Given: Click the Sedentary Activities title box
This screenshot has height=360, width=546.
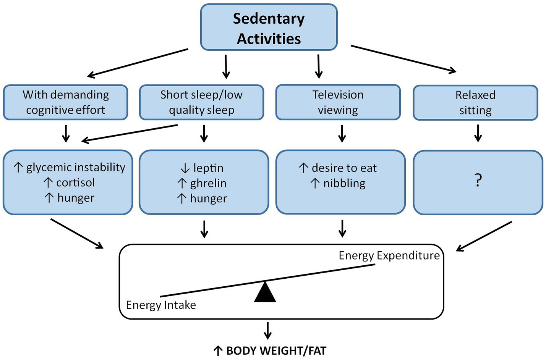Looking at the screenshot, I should click(269, 28).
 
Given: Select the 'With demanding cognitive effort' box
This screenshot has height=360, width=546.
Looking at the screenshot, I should click(65, 102).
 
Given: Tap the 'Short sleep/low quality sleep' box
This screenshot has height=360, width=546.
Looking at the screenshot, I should click(201, 102).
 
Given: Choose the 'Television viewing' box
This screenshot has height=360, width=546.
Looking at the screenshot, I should click(338, 102).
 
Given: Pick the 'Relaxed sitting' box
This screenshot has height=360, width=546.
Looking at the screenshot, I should click(475, 103).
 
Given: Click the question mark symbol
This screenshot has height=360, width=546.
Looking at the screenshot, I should click(478, 180).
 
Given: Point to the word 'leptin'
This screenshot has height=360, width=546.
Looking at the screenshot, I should click(208, 168).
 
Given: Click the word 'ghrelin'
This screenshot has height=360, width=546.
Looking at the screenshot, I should click(208, 183).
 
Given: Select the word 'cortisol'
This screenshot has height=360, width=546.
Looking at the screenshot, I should click(76, 182).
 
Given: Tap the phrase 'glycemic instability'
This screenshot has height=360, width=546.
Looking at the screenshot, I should click(76, 167).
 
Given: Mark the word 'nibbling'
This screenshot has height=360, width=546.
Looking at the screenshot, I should click(344, 183).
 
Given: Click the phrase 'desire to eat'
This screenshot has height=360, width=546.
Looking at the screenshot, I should click(344, 168).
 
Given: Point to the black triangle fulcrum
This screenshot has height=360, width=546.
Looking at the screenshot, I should click(265, 292).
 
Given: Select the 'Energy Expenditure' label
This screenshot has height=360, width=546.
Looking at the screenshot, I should click(389, 255).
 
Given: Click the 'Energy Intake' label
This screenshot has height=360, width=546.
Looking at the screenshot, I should click(161, 305).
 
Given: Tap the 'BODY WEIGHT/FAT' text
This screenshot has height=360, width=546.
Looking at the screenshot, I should click(276, 351).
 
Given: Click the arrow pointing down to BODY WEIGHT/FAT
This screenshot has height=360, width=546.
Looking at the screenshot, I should click(268, 330).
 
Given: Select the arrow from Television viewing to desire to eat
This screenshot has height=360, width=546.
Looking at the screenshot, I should click(342, 133).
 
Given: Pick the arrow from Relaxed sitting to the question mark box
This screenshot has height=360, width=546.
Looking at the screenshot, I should click(478, 133).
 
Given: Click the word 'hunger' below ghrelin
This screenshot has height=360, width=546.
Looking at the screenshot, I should click(208, 199).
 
